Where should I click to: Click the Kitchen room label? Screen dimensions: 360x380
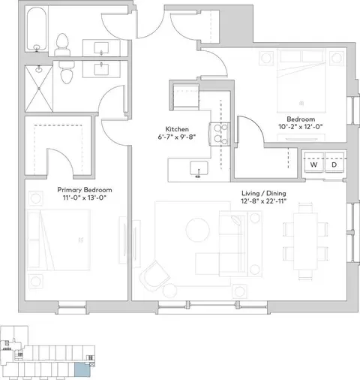pyautogui.click(x=177, y=129)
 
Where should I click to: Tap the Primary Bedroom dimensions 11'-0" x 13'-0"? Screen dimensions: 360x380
pyautogui.click(x=85, y=198)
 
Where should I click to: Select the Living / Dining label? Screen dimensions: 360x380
pyautogui.click(x=264, y=193)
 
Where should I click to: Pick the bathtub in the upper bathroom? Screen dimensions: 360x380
pyautogui.click(x=37, y=29)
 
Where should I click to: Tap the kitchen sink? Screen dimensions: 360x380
pyautogui.click(x=199, y=168)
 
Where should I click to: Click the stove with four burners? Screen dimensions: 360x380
pyautogui.click(x=220, y=134)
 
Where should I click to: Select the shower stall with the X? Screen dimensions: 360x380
pyautogui.click(x=39, y=89)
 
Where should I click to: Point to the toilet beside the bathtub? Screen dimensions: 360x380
pyautogui.click(x=62, y=45)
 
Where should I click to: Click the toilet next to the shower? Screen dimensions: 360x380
pyautogui.click(x=67, y=72)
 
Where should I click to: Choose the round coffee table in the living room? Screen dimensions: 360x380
pyautogui.click(x=197, y=230)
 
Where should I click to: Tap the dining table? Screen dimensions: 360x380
pyautogui.click(x=305, y=241)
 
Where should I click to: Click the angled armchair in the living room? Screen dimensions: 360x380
pyautogui.click(x=154, y=276)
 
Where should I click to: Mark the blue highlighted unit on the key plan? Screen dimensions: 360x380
pyautogui.click(x=82, y=370)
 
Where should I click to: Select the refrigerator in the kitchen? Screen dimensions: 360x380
pyautogui.click(x=186, y=97)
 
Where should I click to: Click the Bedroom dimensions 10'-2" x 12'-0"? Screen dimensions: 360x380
pyautogui.click(x=301, y=127)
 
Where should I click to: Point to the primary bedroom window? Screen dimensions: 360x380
pyautogui.click(x=72, y=307)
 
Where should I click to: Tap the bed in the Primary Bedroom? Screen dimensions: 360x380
pyautogui.click(x=58, y=240)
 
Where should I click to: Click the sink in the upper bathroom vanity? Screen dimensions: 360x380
pyautogui.click(x=101, y=48)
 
